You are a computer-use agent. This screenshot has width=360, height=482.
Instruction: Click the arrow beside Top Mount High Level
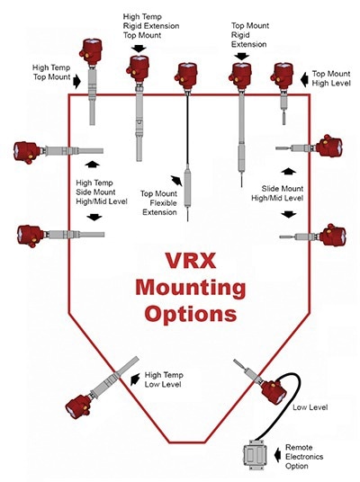tap(303, 78)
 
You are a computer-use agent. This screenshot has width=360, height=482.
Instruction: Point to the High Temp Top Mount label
tap(52, 71)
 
